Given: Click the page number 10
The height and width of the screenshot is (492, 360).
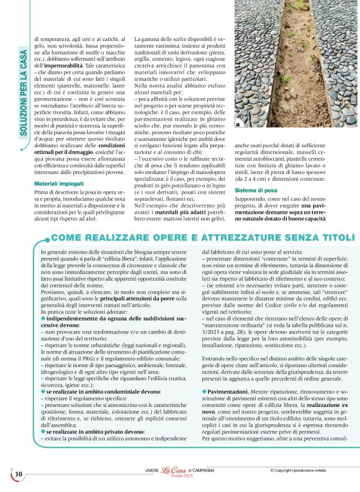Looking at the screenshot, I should click(19, 475).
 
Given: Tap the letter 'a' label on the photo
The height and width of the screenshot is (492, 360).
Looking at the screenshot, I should click(238, 125).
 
